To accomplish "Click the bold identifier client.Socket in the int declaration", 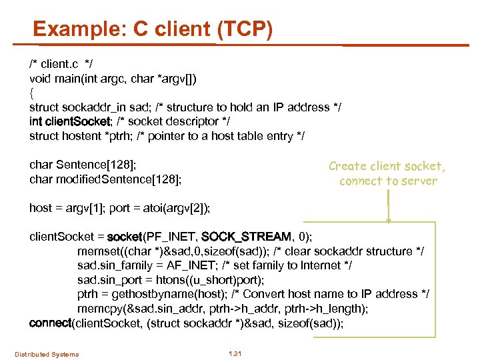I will [79, 121].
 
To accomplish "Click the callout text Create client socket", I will [387, 166].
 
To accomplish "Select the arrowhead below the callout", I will [388, 220].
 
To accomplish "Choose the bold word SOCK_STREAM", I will [246, 237].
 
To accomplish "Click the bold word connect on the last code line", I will [50, 323].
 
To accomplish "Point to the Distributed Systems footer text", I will [47, 354].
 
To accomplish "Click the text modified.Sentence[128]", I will [105, 179].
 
